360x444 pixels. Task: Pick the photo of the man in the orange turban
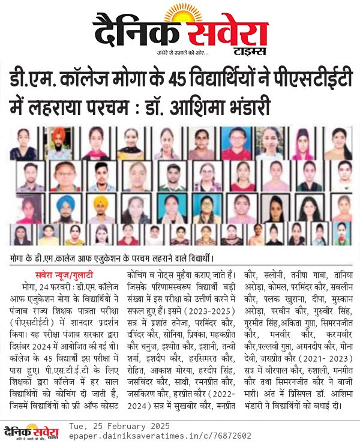(x=58, y=142)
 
